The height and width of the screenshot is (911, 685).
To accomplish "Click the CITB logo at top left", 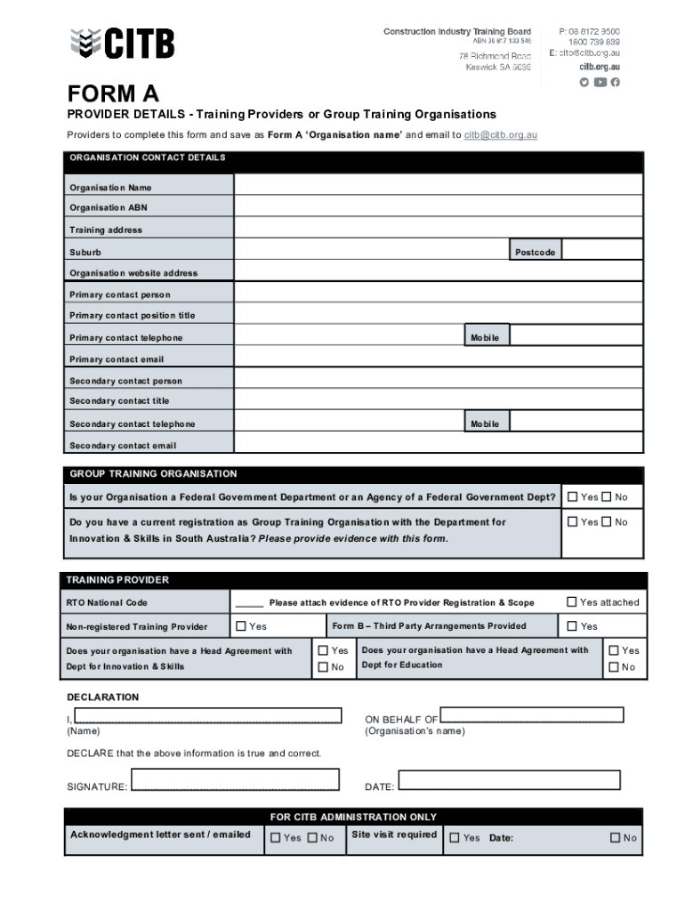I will tap(122, 43).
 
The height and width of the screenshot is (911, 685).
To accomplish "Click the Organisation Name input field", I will tap(438, 185).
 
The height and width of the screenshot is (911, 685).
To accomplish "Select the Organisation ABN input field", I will tap(438, 206).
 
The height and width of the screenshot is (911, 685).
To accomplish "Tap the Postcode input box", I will tap(602, 251).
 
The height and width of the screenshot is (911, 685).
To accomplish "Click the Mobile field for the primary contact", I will tap(576, 336).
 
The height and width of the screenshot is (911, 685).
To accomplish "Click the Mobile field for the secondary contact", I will tap(576, 423).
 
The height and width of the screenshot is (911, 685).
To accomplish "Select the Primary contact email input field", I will tap(438, 358).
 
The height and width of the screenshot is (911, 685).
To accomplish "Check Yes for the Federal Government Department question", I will tap(572, 497).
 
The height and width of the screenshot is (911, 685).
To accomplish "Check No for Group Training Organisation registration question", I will tap(606, 522).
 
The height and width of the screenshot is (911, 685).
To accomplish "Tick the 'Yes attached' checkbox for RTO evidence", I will tap(572, 602).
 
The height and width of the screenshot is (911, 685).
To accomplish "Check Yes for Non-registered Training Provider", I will tap(241, 626).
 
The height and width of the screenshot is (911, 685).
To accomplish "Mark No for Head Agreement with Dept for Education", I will tap(613, 667).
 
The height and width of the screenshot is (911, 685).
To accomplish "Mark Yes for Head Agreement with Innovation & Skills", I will tap(324, 650).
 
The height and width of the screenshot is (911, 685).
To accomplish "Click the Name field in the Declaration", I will tap(208, 716).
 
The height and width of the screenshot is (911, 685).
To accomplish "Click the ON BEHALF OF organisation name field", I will tap(532, 715).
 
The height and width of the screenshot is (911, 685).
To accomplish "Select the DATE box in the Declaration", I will tap(509, 780).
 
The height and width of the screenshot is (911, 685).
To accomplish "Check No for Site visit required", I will tap(615, 837).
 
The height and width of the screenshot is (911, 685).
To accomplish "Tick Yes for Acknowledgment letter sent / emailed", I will tap(275, 837).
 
